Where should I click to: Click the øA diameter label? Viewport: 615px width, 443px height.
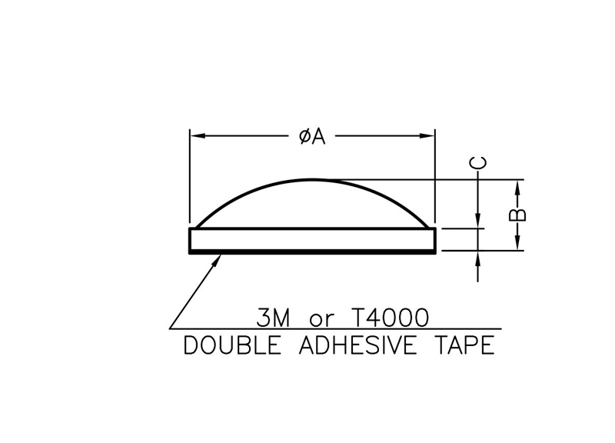point(312,137)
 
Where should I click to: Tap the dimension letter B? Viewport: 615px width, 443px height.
point(517,215)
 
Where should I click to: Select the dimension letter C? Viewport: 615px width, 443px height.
point(479,162)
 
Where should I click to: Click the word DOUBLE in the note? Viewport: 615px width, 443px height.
point(233,345)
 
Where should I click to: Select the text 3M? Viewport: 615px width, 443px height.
point(274,318)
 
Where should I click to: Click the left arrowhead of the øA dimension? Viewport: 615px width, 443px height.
point(198,136)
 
